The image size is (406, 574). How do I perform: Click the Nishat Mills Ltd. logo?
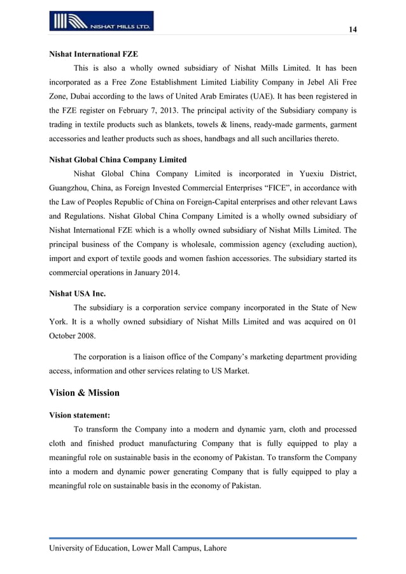coord(101,21)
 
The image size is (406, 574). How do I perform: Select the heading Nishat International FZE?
coord(94,54)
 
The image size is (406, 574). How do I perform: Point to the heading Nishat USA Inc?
coord(77,293)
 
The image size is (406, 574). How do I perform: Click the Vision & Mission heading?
coord(84,393)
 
